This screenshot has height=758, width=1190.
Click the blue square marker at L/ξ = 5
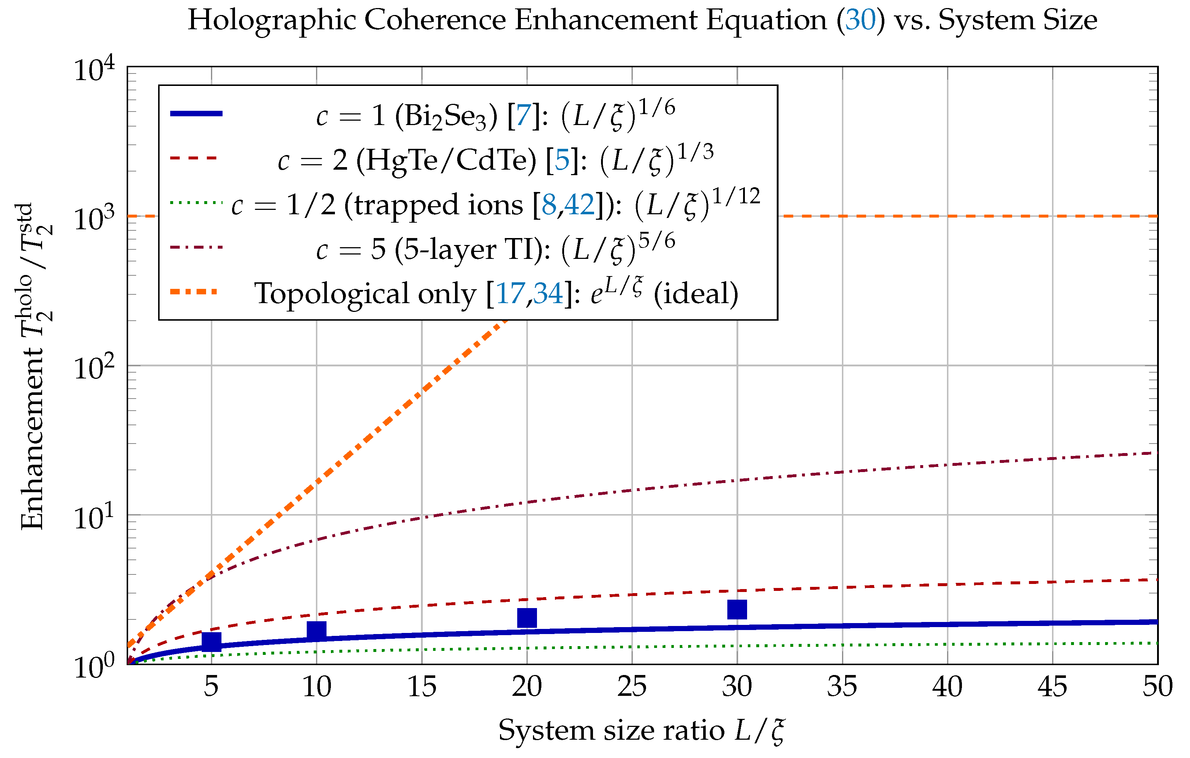tap(212, 641)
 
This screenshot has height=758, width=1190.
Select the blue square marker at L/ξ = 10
tap(317, 631)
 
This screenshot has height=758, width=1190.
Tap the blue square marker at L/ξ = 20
tap(527, 618)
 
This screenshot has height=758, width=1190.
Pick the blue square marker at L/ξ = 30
tap(737, 610)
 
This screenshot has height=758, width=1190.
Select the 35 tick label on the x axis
tap(842, 686)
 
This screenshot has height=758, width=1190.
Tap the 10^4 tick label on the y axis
tap(94, 69)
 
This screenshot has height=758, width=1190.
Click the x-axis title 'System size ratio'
tap(611, 730)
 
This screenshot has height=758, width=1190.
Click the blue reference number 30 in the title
tap(860, 20)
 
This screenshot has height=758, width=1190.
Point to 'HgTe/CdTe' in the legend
tap(446, 161)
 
